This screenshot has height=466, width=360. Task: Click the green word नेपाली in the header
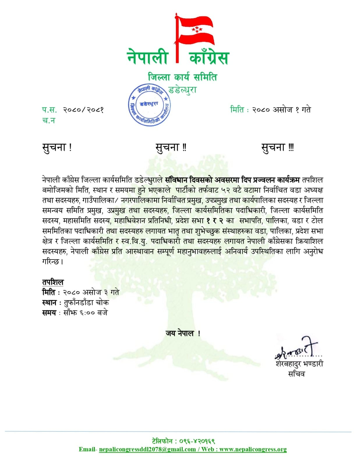coord(148,57)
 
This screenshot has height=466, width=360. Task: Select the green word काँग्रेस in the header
coord(209,57)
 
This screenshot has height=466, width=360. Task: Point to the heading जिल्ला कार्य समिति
coord(182,77)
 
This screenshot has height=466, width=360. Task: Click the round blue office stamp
coord(149,105)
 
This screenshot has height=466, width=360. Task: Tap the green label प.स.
coord(49,110)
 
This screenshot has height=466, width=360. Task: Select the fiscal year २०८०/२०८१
coord(84,110)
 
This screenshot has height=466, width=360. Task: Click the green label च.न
coord(48,120)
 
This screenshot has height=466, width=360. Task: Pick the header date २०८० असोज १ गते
coord(282,110)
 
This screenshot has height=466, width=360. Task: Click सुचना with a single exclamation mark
coord(57,147)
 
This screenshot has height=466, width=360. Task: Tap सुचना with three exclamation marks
coord(278,147)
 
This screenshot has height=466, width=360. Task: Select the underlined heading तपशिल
coord(53,282)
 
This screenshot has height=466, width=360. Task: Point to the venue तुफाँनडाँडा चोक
coord(86,303)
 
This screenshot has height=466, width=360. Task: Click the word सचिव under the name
coord(296,374)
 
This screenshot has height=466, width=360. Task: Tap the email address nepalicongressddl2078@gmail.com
coord(147,449)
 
